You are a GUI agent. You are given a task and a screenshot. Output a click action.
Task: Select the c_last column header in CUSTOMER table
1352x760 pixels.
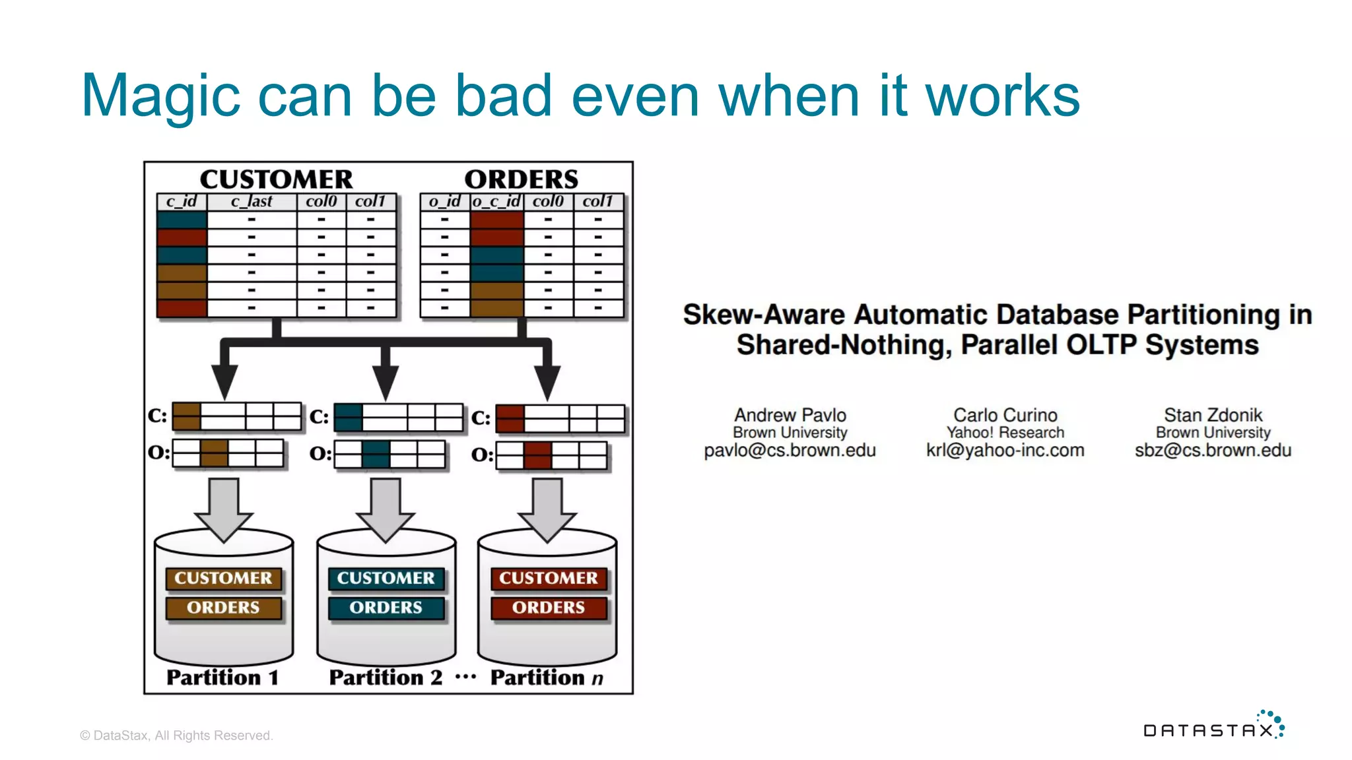[x=252, y=201]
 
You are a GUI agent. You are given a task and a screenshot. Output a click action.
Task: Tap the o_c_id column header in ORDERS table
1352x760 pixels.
[x=496, y=201]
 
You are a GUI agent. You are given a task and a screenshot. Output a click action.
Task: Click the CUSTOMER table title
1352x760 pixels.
[x=276, y=179]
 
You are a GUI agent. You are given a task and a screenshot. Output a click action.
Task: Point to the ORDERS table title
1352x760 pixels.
[x=521, y=179]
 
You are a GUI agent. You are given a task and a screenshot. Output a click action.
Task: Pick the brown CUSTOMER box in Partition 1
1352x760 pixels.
[x=223, y=579]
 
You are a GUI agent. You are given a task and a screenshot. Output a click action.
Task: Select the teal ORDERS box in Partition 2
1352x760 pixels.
[x=386, y=608]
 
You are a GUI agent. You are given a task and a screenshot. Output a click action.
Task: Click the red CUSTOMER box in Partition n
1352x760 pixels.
[x=548, y=579]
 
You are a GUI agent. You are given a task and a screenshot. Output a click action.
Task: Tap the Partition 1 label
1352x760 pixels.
[x=222, y=678]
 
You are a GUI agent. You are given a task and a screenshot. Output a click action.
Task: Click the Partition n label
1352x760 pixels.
[x=547, y=678]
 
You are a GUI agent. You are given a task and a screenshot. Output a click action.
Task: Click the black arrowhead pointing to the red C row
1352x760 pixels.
[x=547, y=381]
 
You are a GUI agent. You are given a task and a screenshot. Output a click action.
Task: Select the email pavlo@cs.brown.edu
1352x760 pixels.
[x=790, y=451]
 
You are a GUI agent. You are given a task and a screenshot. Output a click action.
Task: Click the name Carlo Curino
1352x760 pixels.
[x=1005, y=415]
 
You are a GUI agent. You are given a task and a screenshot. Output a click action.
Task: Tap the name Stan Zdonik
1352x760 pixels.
[x=1213, y=415]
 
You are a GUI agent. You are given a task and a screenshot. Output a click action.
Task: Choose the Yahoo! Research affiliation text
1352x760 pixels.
[x=1005, y=433]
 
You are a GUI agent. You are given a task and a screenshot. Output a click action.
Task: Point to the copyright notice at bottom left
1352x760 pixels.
[x=176, y=736]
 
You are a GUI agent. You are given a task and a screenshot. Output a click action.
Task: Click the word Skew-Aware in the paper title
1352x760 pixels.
[x=763, y=315]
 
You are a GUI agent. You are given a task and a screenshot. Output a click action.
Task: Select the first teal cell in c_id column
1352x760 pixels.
[x=182, y=220]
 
